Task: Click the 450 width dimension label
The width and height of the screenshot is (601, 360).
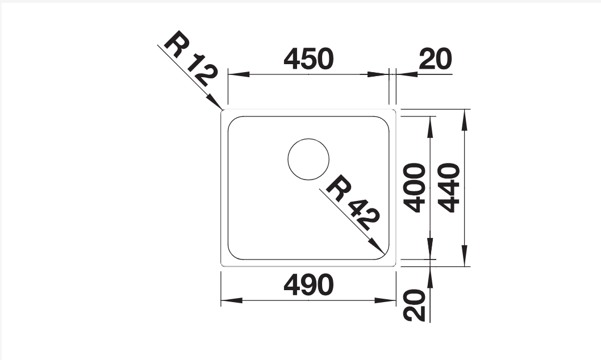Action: [308, 59]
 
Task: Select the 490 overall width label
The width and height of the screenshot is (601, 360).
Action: [308, 285]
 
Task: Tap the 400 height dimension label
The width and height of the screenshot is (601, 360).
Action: [415, 187]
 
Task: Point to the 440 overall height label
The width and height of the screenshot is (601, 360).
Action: [449, 187]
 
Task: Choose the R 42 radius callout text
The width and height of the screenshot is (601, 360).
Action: [353, 203]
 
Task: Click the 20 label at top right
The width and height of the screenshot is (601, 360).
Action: [436, 59]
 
